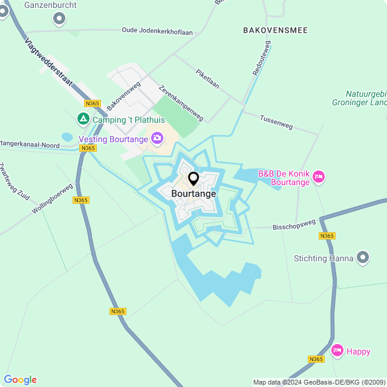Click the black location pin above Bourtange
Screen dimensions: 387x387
(x=193, y=179)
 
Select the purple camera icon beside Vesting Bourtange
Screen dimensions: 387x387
(x=157, y=138)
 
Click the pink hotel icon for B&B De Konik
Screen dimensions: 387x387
(x=319, y=177)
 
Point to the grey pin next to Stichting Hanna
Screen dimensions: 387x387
(x=363, y=258)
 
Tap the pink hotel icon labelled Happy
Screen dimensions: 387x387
(x=337, y=350)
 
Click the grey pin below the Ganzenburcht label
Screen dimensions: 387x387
(x=59, y=19)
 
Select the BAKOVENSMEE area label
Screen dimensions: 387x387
(x=275, y=30)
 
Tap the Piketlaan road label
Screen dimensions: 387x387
(x=207, y=79)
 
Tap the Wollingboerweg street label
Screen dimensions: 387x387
(x=53, y=198)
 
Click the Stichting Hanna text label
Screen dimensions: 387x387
(x=324, y=258)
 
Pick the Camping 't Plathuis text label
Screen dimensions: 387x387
(x=120, y=120)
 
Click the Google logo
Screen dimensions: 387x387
(x=20, y=380)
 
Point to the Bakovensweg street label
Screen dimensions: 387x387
(x=123, y=96)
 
